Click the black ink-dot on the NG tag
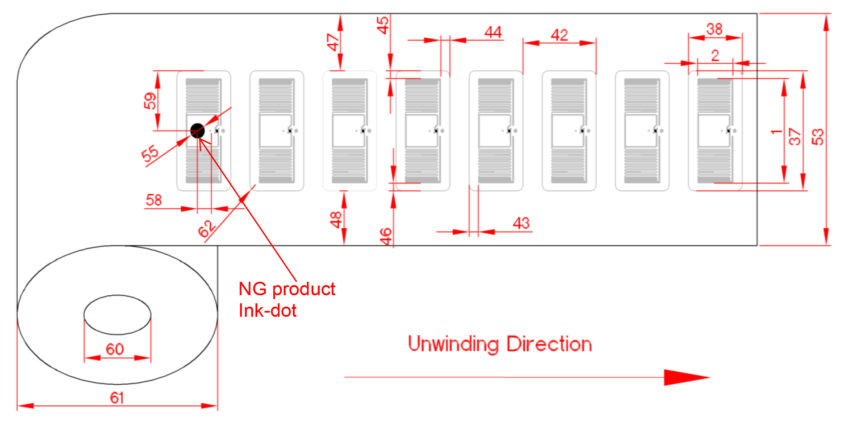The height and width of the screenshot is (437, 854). (197, 131)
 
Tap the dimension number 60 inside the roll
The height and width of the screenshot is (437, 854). (115, 349)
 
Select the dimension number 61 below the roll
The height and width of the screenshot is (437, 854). (117, 398)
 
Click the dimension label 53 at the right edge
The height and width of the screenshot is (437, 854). (817, 137)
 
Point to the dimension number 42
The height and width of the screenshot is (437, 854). (559, 35)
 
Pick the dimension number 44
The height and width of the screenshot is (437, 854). (493, 32)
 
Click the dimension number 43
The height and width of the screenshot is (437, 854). (521, 223)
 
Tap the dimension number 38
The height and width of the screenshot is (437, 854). (714, 29)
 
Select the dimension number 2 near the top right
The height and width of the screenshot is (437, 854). (715, 55)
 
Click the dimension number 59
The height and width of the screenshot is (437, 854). (150, 101)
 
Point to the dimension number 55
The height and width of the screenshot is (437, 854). (150, 154)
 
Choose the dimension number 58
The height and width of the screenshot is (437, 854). (154, 200)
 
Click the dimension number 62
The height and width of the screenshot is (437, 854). (207, 229)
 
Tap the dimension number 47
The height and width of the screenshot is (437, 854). (333, 42)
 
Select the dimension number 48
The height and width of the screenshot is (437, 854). (336, 220)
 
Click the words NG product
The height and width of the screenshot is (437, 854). (287, 289)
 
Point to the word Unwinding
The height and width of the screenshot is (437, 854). (453, 344)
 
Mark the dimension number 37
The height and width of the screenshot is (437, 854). (795, 137)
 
